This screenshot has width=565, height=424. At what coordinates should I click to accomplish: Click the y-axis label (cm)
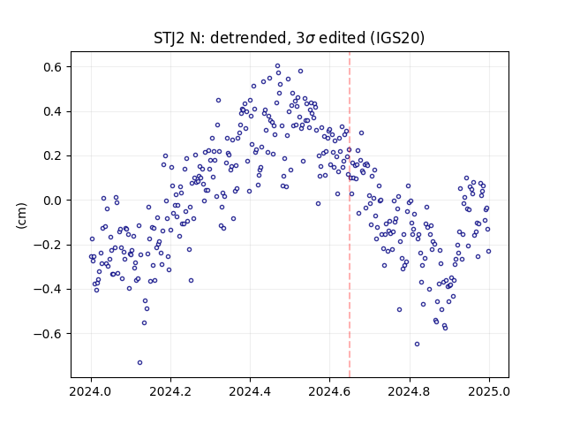coord(21,216)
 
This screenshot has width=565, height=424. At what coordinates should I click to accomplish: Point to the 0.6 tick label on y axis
coord(53,67)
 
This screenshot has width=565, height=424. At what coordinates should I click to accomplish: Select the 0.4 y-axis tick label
coord(53,111)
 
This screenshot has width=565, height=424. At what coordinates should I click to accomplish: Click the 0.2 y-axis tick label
coord(53,155)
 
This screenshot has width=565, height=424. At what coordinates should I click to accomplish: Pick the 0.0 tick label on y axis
coord(53,201)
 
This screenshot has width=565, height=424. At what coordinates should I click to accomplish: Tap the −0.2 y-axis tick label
coord(48,245)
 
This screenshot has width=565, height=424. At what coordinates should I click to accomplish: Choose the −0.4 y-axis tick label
coord(48,289)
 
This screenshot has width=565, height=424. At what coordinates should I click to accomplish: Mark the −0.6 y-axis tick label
coord(48,334)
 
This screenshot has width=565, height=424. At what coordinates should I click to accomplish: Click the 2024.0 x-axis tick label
coord(91,391)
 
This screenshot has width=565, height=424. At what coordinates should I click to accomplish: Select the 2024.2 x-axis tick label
coord(170,391)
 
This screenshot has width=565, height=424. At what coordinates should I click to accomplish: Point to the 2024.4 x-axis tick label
coord(250,391)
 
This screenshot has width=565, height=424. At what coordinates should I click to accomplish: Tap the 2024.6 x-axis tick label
coord(329,391)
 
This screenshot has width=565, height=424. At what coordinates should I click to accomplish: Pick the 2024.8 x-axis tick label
coord(410,391)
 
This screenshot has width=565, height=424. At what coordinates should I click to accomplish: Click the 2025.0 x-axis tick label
coord(489,391)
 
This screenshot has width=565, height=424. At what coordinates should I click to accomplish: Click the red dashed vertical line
coord(350,215)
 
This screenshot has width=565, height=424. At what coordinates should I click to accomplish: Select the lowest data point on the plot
coord(139,362)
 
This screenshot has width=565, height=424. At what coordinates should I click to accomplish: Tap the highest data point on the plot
coord(277,66)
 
